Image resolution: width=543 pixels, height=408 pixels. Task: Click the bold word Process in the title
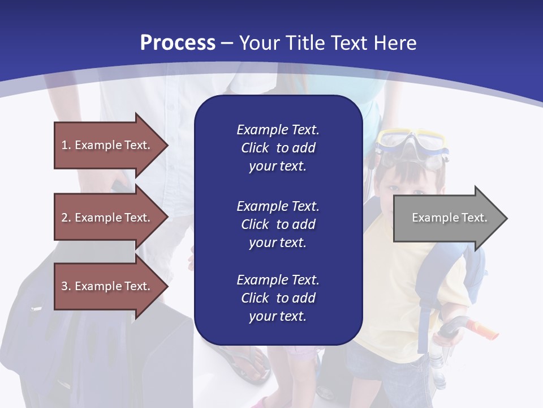click(178, 43)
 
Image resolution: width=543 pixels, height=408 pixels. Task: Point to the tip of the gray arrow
click(506, 218)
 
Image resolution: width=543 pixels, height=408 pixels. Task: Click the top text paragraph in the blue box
click(278, 148)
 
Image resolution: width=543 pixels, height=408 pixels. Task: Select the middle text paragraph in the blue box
click(278, 224)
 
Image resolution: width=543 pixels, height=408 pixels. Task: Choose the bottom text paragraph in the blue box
click(278, 298)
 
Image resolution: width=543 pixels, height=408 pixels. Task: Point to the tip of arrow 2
click(167, 218)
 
